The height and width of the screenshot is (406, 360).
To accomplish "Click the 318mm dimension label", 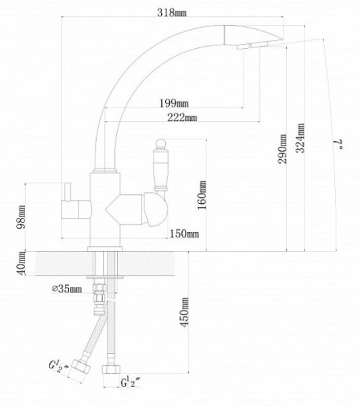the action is [x=172, y=12].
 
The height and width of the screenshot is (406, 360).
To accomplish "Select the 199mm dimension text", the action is [x=173, y=104].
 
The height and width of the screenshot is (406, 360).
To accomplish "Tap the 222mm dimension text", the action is [x=182, y=118].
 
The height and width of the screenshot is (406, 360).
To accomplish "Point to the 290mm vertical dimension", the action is [x=282, y=149].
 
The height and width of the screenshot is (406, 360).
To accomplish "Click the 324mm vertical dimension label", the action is [x=300, y=138].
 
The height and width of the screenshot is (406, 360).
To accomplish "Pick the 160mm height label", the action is [x=202, y=195].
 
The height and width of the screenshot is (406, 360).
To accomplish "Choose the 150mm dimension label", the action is [x=184, y=234].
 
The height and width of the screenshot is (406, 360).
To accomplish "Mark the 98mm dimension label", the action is [x=21, y=217].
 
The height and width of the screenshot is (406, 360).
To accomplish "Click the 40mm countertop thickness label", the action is [x=21, y=263].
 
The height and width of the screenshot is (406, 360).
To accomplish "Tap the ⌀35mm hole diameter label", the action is [x=67, y=289].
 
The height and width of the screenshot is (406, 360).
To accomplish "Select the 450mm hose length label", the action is [x=185, y=312].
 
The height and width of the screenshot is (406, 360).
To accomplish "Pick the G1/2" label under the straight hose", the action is [x=131, y=382].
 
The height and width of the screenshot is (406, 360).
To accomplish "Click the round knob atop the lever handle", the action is [x=160, y=143].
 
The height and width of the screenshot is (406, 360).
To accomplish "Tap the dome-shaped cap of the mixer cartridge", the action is [x=156, y=210].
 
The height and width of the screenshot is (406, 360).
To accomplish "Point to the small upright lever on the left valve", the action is [x=68, y=192].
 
